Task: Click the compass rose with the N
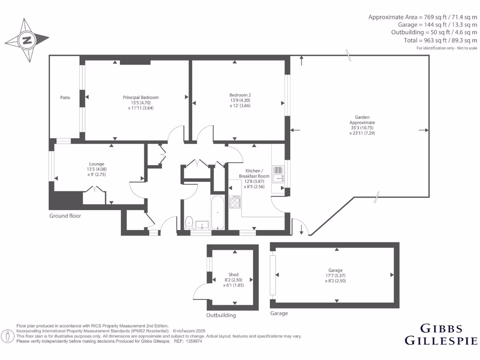click(27, 39)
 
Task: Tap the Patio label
click(65, 97)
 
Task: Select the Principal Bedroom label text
click(141, 97)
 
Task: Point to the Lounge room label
click(96, 164)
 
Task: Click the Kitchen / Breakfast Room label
click(257, 173)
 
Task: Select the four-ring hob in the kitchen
click(234, 203)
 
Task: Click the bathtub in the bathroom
click(218, 213)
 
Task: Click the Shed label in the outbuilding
click(233, 275)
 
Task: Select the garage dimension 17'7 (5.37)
click(335, 276)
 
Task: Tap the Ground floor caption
click(65, 216)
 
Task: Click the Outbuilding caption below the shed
click(221, 315)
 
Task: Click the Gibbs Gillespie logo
click(441, 334)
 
